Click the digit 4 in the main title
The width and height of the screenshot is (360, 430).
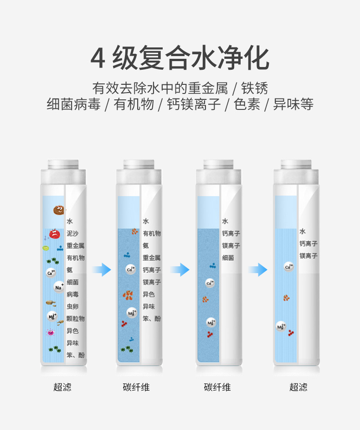point(98,58)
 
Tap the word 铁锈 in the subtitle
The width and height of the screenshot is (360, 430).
point(254,88)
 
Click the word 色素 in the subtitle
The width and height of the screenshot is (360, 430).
point(247,104)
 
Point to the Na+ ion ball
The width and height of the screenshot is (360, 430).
point(59,287)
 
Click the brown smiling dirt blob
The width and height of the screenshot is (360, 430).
point(59,210)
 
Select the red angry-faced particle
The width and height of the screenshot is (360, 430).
point(55,234)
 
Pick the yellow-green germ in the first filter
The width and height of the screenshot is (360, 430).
point(46,248)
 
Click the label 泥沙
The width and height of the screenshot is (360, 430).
point(72,233)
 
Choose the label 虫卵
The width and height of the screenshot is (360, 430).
point(72,306)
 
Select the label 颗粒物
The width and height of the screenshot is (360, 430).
point(75,319)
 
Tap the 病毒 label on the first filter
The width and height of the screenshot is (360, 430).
point(72,294)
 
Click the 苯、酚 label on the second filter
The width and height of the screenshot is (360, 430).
point(151,319)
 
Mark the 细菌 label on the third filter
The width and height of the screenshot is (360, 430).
point(228,258)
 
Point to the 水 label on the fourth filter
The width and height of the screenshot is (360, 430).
point(303,231)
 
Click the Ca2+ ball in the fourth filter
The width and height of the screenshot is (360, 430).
point(289,267)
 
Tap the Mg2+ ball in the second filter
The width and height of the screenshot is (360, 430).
point(132,313)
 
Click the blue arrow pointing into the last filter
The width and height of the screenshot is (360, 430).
point(257,269)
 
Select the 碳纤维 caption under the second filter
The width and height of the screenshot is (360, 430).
point(136,387)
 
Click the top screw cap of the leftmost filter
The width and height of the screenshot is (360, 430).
point(63,164)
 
